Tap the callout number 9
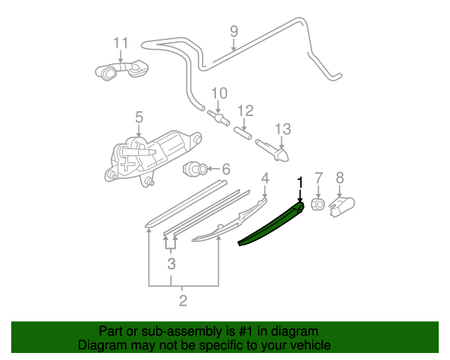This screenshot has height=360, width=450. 234,32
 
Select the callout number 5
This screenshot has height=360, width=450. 139,117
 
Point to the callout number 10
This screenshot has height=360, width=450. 219,93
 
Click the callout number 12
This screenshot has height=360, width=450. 245,110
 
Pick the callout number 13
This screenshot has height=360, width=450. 282,129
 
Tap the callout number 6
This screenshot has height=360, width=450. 226,169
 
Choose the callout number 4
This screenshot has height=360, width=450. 265,178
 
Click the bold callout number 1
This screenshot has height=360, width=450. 300,182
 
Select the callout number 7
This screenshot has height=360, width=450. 318,178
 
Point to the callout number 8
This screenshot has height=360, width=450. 340,178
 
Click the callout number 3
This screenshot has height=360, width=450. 171,264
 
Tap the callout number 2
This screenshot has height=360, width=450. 183,301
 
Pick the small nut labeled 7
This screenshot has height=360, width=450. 317,205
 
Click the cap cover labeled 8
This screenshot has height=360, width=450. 341,205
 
